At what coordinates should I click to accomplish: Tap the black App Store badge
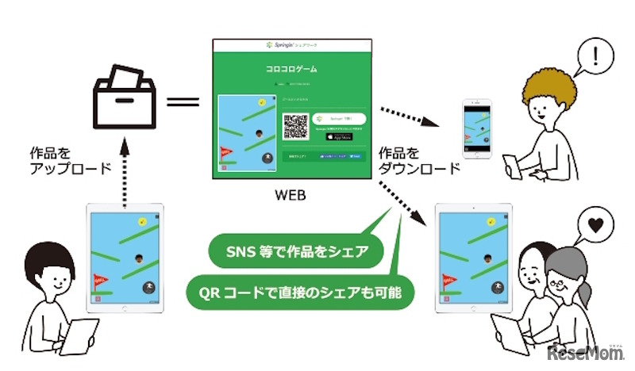[339, 136]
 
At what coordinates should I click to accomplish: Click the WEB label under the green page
[293, 193]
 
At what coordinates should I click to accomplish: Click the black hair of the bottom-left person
[37, 261]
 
